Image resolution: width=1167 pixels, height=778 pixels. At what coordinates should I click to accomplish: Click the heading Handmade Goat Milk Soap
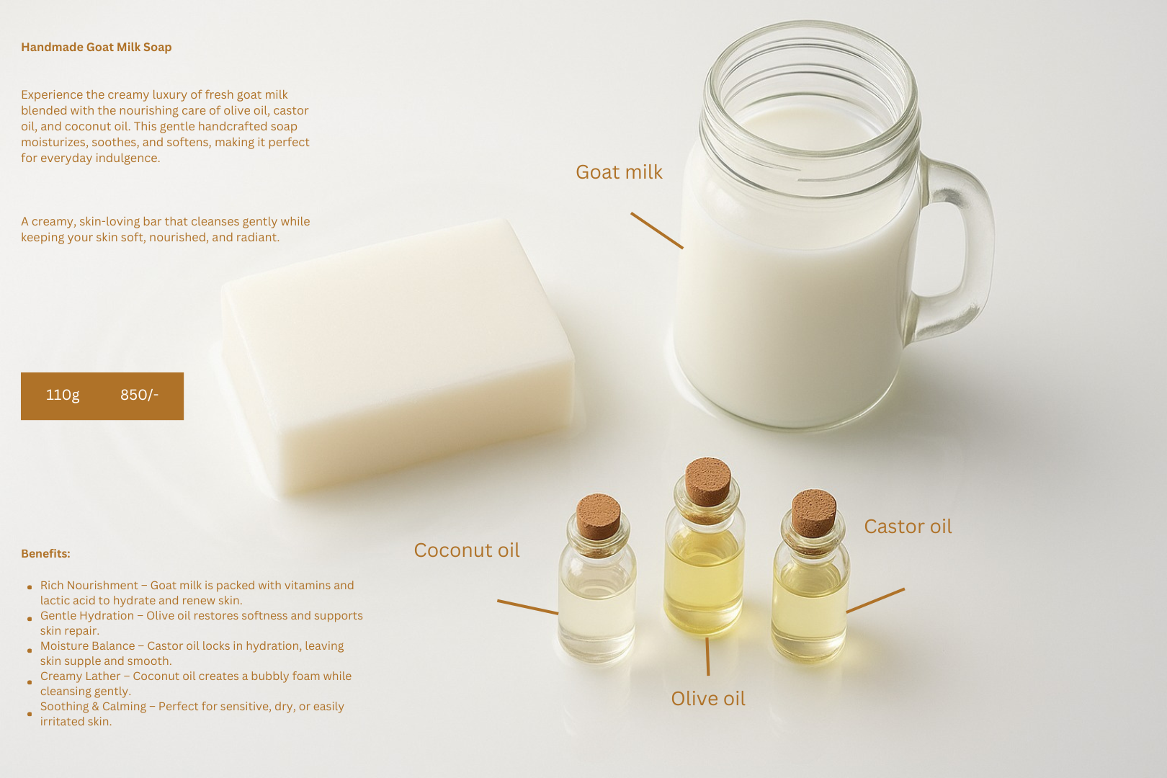click(97, 48)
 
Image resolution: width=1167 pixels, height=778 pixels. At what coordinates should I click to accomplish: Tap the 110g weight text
click(63, 395)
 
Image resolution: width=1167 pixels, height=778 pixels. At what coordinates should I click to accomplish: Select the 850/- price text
click(139, 395)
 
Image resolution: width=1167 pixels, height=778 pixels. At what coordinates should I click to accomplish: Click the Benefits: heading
click(45, 553)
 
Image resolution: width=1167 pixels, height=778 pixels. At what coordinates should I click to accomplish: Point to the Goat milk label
click(619, 172)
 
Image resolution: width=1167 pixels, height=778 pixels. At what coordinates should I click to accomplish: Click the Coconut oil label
click(467, 550)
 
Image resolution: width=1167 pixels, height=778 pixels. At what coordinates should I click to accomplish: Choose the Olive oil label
click(708, 699)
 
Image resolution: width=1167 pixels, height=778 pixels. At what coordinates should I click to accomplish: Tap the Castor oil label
click(908, 527)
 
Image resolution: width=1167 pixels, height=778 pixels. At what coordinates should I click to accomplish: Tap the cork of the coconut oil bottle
click(598, 516)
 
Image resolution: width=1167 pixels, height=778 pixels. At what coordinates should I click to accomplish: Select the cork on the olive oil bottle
click(707, 481)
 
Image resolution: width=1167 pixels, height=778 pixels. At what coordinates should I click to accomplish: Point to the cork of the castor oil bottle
click(814, 513)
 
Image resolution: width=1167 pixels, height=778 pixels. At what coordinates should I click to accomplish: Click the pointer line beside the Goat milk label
click(657, 231)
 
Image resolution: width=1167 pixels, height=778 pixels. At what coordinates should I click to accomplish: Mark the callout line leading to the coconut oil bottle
click(528, 607)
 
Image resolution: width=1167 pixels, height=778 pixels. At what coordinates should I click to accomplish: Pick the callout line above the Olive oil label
click(707, 656)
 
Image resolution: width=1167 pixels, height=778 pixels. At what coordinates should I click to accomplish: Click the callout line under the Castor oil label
click(876, 600)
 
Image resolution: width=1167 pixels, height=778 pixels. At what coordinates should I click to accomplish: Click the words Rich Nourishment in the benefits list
click(89, 585)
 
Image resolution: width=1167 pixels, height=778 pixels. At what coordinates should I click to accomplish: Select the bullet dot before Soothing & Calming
click(30, 714)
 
